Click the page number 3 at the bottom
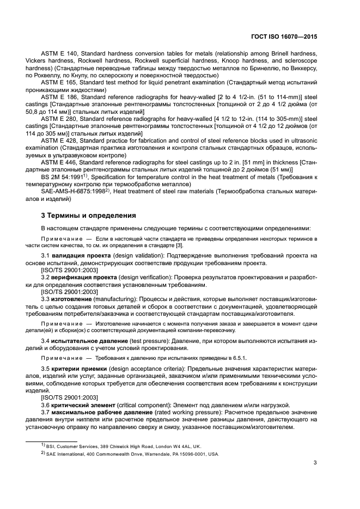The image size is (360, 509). point(315,464)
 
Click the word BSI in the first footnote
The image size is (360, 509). point(54,445)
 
